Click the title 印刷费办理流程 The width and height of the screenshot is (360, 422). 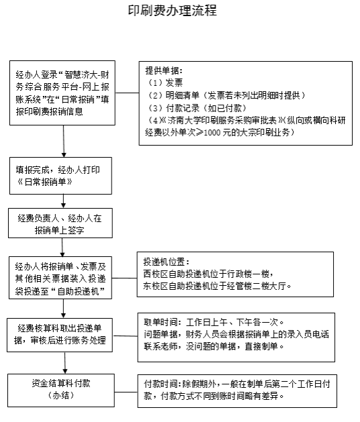click(172, 11)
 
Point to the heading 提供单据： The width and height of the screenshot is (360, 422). click(164, 70)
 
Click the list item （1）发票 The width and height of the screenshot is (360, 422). click(165, 83)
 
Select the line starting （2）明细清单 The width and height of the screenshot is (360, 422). click(226, 95)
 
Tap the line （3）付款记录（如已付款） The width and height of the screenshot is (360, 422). click(197, 108)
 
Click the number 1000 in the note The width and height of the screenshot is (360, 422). click(212, 133)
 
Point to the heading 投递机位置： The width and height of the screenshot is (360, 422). click(167, 262)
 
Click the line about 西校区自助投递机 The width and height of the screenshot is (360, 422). click(208, 274)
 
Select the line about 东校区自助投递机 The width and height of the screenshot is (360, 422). click(217, 286)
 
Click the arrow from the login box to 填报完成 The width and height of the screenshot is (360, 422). click(64, 142)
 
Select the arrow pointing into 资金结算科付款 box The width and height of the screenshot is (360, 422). click(65, 363)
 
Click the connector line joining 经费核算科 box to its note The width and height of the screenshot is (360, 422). click(125, 336)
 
